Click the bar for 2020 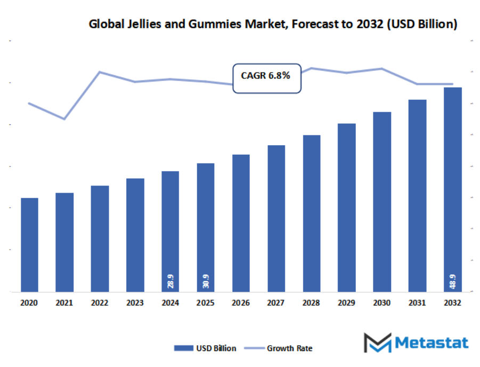point(29,245)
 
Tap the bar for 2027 point(276,218)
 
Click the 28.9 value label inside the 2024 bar point(170,281)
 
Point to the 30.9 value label point(206,281)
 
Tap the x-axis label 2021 point(64,302)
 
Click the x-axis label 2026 point(241,302)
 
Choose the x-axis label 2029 point(346,302)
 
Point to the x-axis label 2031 point(417,302)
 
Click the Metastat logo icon point(377,342)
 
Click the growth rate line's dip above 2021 point(64,119)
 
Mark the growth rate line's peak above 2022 point(100,71)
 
